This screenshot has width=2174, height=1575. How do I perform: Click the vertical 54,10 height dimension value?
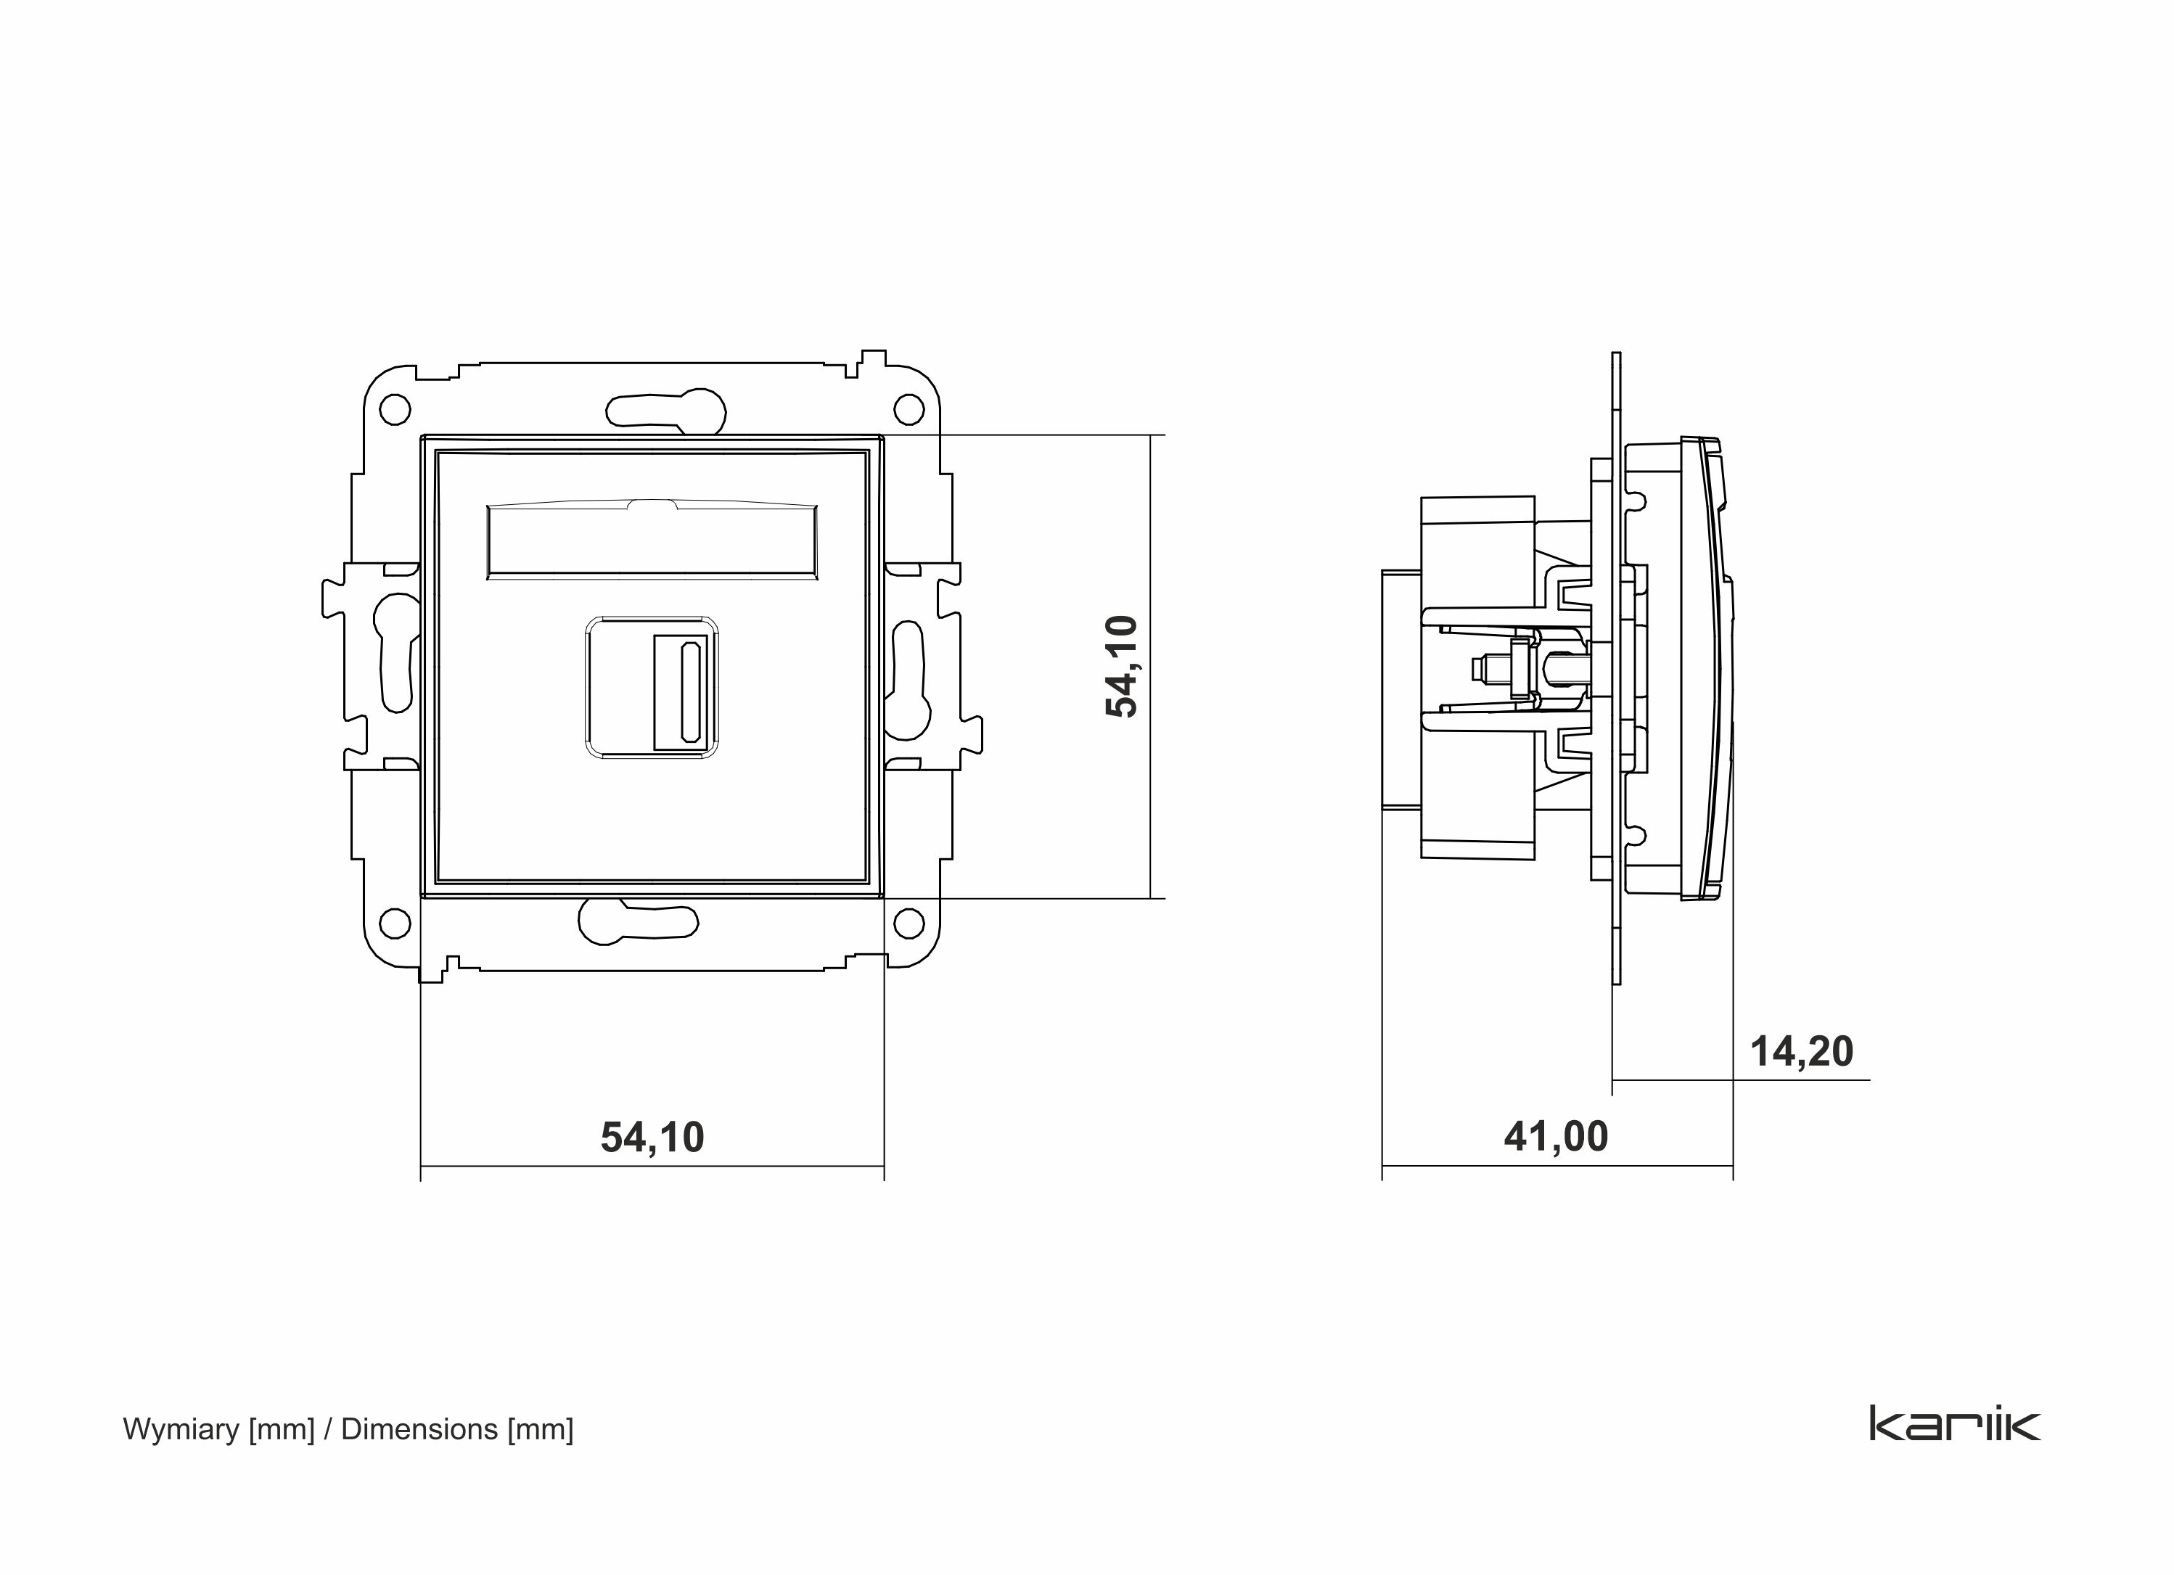coord(1122,666)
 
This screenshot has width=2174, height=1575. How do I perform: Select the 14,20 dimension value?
coord(1801,1053)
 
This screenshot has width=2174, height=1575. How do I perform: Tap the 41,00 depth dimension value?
coord(1556,1137)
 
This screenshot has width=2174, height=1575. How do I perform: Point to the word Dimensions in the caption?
coord(419,1429)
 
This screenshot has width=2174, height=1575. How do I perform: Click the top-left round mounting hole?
coord(395,411)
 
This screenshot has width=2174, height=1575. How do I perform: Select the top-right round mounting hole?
coord(908,411)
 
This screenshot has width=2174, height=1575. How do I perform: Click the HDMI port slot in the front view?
coord(689,692)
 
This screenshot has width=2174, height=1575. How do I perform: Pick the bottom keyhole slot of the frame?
coord(637,922)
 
